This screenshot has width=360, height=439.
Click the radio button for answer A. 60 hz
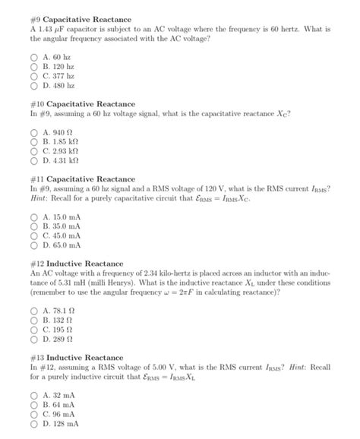click(34, 56)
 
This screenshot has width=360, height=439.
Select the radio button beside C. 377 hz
click(34, 77)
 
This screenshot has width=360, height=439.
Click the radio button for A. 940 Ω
click(34, 131)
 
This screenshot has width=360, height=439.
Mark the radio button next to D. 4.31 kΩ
click(34, 160)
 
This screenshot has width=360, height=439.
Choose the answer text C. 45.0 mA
click(63, 235)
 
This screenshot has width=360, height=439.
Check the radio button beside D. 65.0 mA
click(34, 245)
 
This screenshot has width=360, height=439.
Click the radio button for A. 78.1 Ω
click(34, 310)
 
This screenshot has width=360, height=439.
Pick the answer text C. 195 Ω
click(58, 330)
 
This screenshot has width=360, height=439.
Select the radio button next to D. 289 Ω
click(34, 340)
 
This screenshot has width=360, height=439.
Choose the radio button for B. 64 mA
click(34, 405)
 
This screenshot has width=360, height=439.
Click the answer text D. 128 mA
click(62, 424)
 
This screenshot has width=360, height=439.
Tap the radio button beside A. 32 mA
click(34, 395)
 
